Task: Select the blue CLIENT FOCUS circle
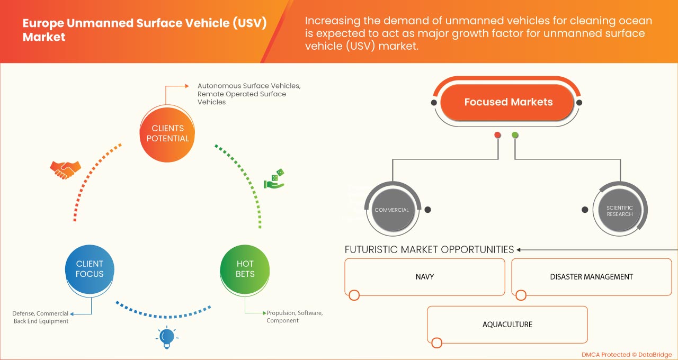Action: pyautogui.click(x=90, y=269)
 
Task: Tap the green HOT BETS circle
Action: pyautogui.click(x=245, y=269)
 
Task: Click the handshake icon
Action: pyautogui.click(x=65, y=169)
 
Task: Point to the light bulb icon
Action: pyautogui.click(x=167, y=337)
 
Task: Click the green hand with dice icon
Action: pyautogui.click(x=274, y=179)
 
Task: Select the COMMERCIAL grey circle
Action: pyautogui.click(x=391, y=210)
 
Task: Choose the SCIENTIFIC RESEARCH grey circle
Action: pyautogui.click(x=619, y=211)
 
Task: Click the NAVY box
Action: pyautogui.click(x=425, y=276)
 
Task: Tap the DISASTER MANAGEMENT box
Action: pyautogui.click(x=591, y=276)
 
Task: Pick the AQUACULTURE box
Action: pyautogui.click(x=507, y=324)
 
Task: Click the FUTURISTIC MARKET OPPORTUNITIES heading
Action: pyautogui.click(x=429, y=249)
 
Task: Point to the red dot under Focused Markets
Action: pyautogui.click(x=497, y=135)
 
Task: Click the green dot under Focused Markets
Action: pyautogui.click(x=515, y=135)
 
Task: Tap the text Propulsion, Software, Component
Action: pyautogui.click(x=294, y=317)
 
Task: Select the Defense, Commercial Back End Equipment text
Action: pyautogui.click(x=41, y=317)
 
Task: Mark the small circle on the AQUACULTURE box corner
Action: pyautogui.click(x=437, y=343)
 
